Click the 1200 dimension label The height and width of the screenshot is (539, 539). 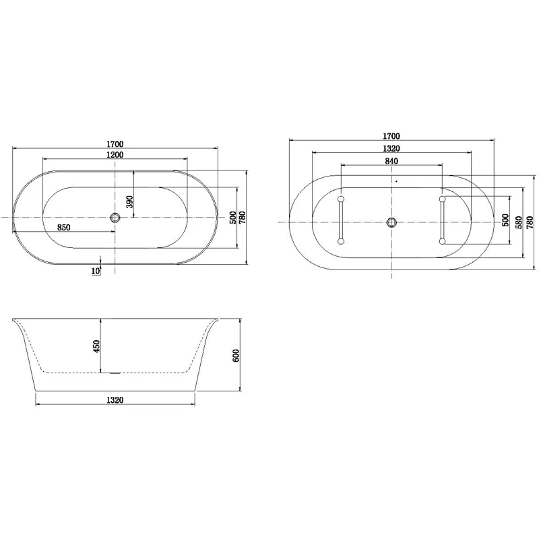pos(115,156)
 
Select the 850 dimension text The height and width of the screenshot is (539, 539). pos(64,228)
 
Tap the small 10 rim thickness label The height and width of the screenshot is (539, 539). pos(96,271)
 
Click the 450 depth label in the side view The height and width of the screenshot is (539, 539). pos(96,346)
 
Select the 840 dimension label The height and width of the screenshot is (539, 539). pos(392,161)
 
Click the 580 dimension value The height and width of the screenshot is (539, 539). pos(518,222)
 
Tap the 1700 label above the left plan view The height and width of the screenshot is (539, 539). pos(115,144)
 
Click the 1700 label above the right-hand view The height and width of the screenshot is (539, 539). pos(392,136)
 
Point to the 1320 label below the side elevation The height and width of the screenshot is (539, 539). pos(115,400)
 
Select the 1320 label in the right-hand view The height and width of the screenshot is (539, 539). pos(392,149)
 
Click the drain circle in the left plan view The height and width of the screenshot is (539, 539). pos(115,217)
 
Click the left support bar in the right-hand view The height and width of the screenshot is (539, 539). pos(342,220)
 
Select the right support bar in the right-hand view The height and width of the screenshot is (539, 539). pos(442,220)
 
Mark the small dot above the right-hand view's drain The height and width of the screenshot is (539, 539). pos(397,181)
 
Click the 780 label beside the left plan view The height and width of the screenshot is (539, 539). pos(242,218)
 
